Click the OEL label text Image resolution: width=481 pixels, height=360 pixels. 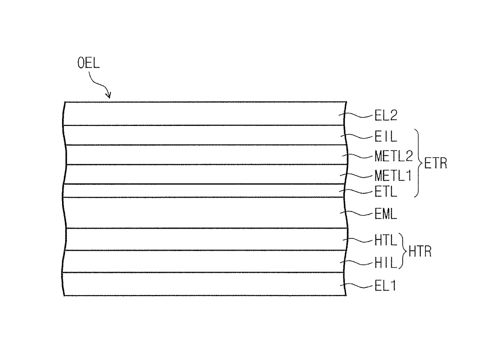tap(88, 63)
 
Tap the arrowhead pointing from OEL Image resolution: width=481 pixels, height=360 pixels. tap(109, 96)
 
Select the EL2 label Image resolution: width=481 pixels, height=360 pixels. tap(386, 115)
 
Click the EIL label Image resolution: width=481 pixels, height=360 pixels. tap(386, 136)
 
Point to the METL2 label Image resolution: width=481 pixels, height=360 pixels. tap(394, 156)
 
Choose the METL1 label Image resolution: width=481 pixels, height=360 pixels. tap(393, 176)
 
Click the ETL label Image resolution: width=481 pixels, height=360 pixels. tap(386, 192)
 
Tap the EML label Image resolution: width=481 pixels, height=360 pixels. tap(386, 214)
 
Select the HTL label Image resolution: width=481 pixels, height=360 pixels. tap(386, 240)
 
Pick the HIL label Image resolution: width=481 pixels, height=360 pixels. tap(386, 263)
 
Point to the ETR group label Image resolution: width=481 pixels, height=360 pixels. tap(435, 163)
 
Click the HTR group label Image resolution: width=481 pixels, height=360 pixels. tap(420, 251)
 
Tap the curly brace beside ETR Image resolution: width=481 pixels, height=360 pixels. tap(419, 163)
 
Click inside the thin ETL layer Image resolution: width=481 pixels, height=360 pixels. tap(204, 191)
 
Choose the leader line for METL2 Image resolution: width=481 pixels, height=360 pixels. tap(357, 156)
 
